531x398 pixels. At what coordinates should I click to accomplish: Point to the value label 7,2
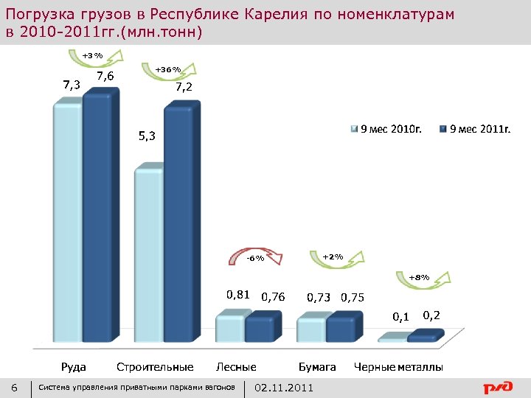pos(184,87)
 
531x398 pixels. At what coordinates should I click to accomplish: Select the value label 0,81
pos(237,295)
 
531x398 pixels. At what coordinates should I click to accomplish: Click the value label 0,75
pos(352,298)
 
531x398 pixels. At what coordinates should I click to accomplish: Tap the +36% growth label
pos(167,69)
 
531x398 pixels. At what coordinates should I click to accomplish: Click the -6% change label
pos(255,258)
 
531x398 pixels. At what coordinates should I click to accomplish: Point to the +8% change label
pos(418,277)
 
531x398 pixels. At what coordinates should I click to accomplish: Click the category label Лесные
pos(236,366)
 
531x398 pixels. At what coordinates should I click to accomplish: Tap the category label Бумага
pos(317,366)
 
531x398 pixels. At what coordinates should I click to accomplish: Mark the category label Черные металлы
pos(398,366)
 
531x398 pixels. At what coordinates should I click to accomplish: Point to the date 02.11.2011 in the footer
pos(283,388)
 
